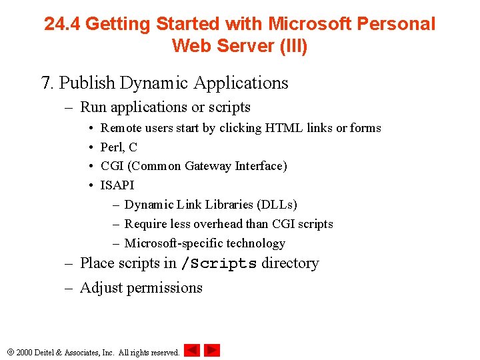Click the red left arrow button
tap(192, 350)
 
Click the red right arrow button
tap(212, 350)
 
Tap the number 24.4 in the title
tap(63, 25)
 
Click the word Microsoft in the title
tap(309, 25)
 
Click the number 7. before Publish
tap(47, 83)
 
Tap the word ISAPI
tap(117, 185)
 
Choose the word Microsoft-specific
tap(173, 243)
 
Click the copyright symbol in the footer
tap(9, 352)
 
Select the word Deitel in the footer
tap(49, 352)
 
